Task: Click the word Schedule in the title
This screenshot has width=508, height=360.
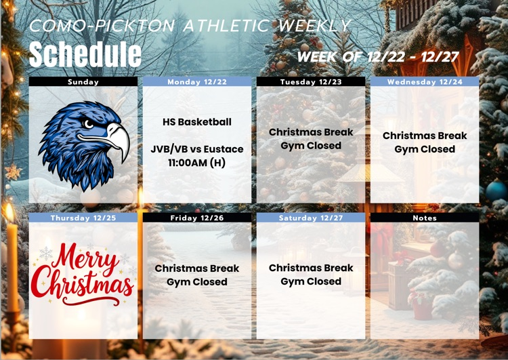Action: point(85,54)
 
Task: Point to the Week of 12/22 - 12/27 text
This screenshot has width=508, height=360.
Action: point(378,56)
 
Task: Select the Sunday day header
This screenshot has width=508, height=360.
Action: point(83,82)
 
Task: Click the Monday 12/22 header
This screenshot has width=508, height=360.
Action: point(196,82)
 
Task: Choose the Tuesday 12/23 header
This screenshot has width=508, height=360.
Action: point(311,82)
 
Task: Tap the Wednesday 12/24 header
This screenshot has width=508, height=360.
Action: point(425,82)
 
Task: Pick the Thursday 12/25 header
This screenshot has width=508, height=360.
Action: point(83,218)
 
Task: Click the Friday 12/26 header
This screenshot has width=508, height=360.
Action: point(196,218)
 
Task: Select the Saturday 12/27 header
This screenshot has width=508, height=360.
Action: point(311,218)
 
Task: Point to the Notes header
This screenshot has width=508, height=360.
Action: point(425,218)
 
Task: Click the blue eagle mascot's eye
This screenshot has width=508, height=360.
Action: point(88,123)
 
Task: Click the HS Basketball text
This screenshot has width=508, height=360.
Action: point(197,122)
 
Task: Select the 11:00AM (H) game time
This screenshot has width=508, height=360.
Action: point(197,163)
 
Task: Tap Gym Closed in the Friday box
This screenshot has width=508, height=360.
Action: point(197,282)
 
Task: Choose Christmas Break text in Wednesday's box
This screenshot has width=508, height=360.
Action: point(425,136)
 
